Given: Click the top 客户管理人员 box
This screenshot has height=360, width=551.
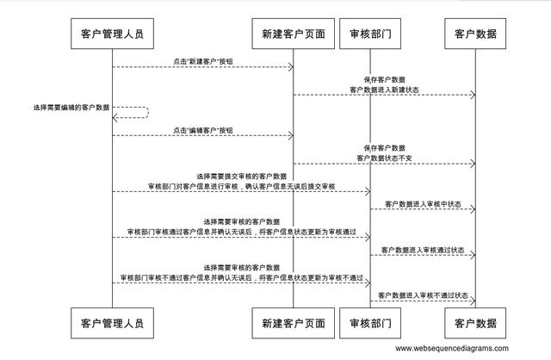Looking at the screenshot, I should (x=112, y=35).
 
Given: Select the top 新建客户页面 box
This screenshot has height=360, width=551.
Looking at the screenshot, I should (x=294, y=35).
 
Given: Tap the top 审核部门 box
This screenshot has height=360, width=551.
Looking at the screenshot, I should (x=371, y=35).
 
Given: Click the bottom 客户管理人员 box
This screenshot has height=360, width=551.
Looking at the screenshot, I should (x=112, y=324).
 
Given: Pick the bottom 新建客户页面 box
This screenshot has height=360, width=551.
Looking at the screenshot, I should (x=294, y=324).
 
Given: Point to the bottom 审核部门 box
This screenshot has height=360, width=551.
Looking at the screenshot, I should (x=371, y=324).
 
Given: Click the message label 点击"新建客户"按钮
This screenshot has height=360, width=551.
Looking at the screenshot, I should (x=203, y=60).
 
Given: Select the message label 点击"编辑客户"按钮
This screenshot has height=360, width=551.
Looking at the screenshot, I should (x=203, y=130).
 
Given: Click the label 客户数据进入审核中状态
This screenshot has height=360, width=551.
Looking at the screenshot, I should (x=423, y=204).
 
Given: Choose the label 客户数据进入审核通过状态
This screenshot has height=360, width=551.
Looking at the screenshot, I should (x=423, y=250).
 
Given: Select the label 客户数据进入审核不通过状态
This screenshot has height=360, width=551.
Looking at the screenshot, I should (x=423, y=296).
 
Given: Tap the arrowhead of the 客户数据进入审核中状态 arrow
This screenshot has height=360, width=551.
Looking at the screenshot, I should (x=472, y=210).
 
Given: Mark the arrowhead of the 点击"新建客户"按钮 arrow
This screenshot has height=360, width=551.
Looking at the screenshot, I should (x=290, y=67).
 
